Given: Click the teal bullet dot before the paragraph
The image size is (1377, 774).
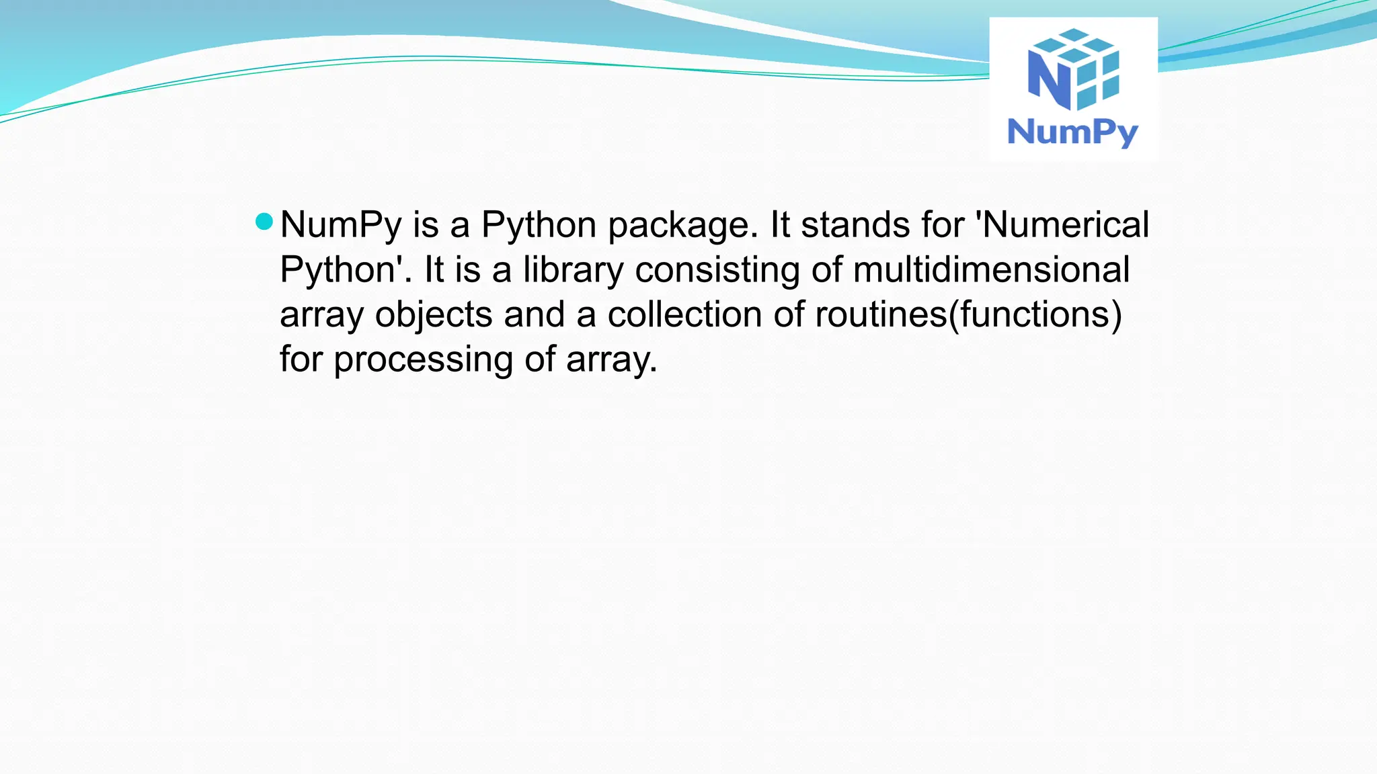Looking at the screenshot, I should (264, 222).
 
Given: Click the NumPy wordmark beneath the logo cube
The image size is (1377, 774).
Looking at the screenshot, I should (1072, 132).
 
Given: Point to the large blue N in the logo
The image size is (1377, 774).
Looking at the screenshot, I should (1049, 79).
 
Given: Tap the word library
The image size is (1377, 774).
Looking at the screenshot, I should (573, 271).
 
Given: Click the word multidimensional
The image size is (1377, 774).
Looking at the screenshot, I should (991, 269).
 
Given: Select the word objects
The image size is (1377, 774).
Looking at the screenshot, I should (434, 315).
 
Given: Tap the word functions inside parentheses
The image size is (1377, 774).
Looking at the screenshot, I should (1035, 314).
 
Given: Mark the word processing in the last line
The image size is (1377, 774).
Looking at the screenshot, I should (423, 360).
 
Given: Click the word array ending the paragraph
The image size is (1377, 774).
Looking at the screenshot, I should (611, 360).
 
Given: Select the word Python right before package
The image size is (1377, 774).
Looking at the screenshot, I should (539, 226).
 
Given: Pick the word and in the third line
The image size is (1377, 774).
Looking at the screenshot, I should (534, 314).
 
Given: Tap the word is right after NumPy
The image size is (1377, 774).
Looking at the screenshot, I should (426, 225).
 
